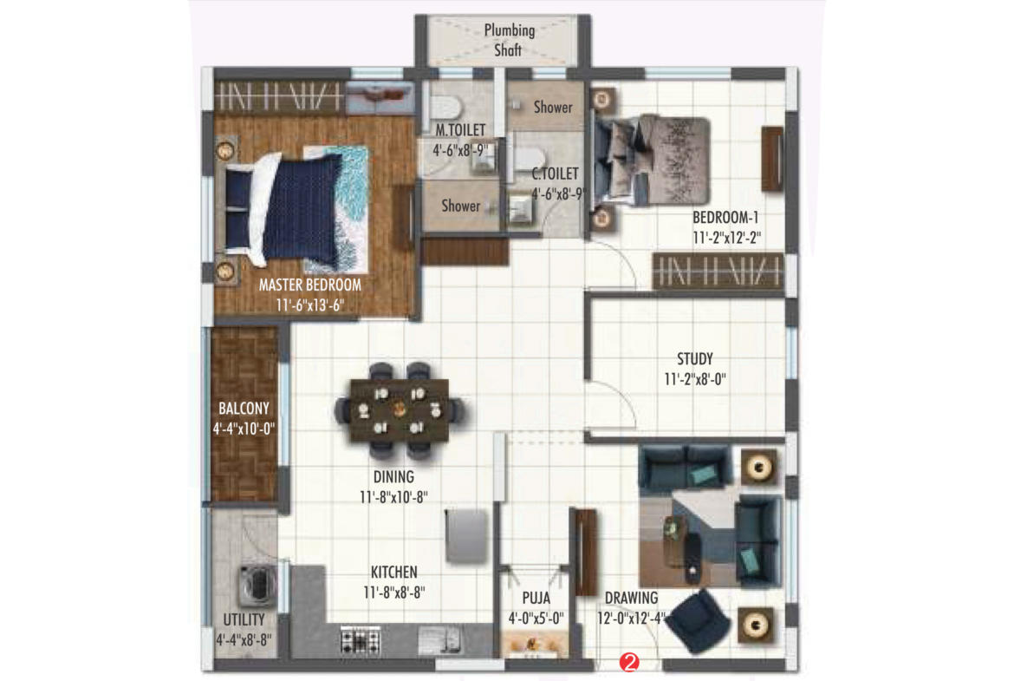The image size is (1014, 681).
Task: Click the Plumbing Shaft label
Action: [509, 40]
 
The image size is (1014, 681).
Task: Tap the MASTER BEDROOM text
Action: [309, 285]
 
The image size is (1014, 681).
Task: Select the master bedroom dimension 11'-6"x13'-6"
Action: [309, 305]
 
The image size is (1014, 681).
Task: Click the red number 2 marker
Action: [628, 662]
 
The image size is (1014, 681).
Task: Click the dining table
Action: [399, 410]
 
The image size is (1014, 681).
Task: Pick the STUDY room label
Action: [694, 359]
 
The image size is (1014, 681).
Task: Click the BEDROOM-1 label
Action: [725, 218]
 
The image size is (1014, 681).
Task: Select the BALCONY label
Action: [244, 409]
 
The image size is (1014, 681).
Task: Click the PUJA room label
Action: [536, 598]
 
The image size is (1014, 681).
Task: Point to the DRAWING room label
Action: [631, 598]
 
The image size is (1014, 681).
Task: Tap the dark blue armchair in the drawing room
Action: [698, 621]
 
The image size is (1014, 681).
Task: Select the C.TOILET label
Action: [555, 174]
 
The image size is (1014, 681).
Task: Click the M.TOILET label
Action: [460, 130]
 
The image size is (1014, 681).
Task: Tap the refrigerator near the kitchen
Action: [465, 536]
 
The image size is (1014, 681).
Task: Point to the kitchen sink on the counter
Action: [439, 639]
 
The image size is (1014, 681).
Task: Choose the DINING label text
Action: [393, 477]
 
